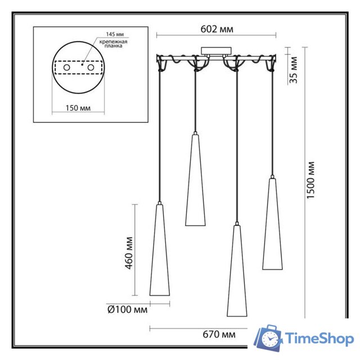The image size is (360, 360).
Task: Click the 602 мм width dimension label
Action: (x=217, y=29)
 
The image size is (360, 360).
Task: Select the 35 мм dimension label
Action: (x=293, y=70)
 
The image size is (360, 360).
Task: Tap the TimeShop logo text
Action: (x=319, y=339)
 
